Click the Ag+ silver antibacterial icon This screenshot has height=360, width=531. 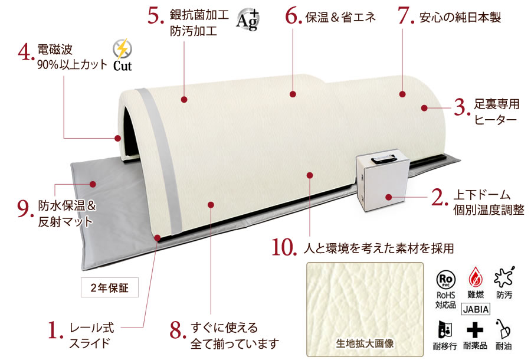[248, 19]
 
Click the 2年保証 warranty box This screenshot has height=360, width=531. [109, 287]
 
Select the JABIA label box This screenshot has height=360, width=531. [476, 309]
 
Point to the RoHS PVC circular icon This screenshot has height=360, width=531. [445, 279]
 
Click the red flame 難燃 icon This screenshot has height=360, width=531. [476, 277]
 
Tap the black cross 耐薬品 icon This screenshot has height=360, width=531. [475, 329]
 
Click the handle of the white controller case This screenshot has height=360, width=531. [384, 159]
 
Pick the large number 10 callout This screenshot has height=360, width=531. [284, 247]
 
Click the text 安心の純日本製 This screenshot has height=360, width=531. [460, 17]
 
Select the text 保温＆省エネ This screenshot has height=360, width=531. [340, 17]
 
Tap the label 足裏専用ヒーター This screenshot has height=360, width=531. [496, 112]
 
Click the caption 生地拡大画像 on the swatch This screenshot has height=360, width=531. [365, 343]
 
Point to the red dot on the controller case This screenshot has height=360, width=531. [388, 197]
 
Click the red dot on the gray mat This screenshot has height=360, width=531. [93, 184]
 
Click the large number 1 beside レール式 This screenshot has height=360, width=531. [55, 330]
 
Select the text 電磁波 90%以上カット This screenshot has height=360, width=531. [72, 57]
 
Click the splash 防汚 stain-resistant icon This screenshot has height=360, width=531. [504, 277]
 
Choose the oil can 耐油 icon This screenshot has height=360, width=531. [503, 329]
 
